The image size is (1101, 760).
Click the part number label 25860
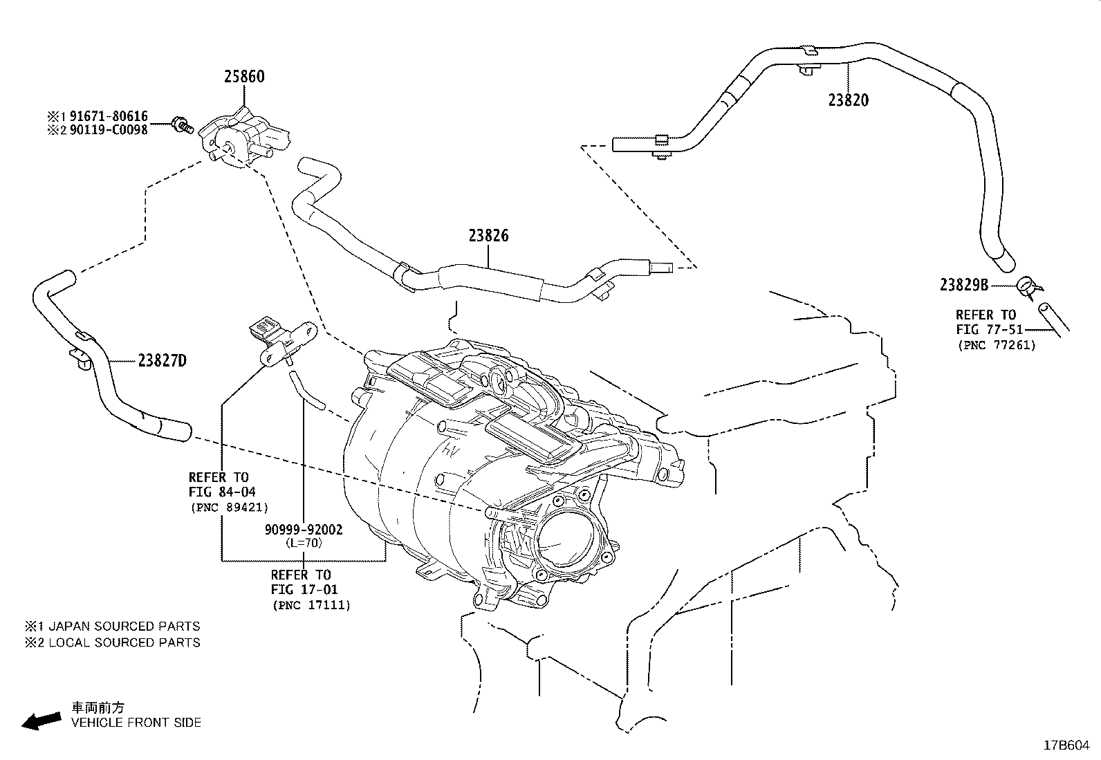coord(244,77)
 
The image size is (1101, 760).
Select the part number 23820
coord(849,100)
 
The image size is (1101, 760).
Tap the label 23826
coord(488,236)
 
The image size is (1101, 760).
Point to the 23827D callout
coord(163,361)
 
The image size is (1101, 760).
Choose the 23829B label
coord(964,285)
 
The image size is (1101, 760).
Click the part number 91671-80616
coord(109,116)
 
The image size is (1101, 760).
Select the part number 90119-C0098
coord(109,130)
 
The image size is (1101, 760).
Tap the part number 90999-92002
coord(304,530)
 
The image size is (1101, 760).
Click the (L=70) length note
coord(304,543)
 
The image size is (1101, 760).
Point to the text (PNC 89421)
coord(230,508)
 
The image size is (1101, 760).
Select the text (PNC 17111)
coord(312,605)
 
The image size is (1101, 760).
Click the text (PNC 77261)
coord(997,345)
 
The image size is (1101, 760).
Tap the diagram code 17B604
coord(1066,745)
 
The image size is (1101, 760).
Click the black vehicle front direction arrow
coord(41,721)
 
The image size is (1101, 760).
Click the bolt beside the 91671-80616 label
coord(181,124)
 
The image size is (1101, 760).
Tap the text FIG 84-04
coord(222,492)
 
